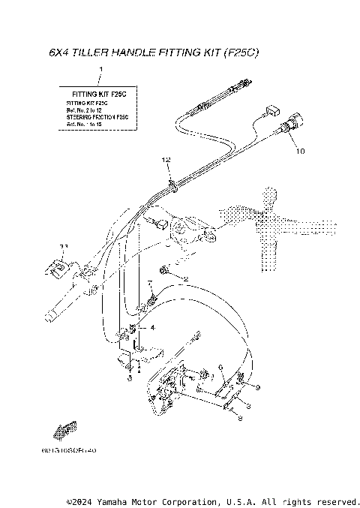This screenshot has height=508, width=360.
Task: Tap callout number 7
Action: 151,284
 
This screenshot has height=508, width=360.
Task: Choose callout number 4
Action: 152,328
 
